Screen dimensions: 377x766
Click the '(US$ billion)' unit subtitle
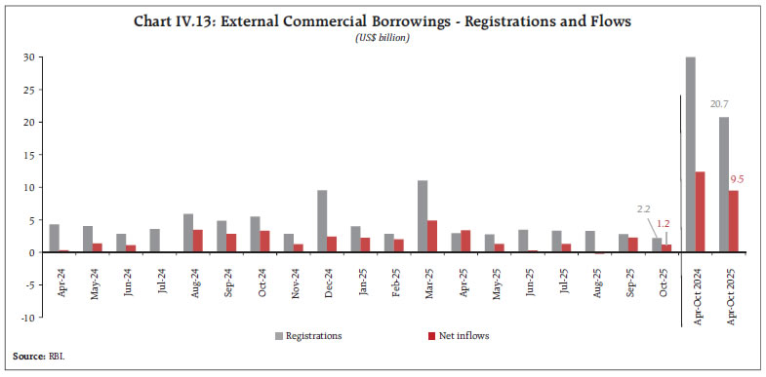pos(383,38)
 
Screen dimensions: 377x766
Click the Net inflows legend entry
pos(458,336)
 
